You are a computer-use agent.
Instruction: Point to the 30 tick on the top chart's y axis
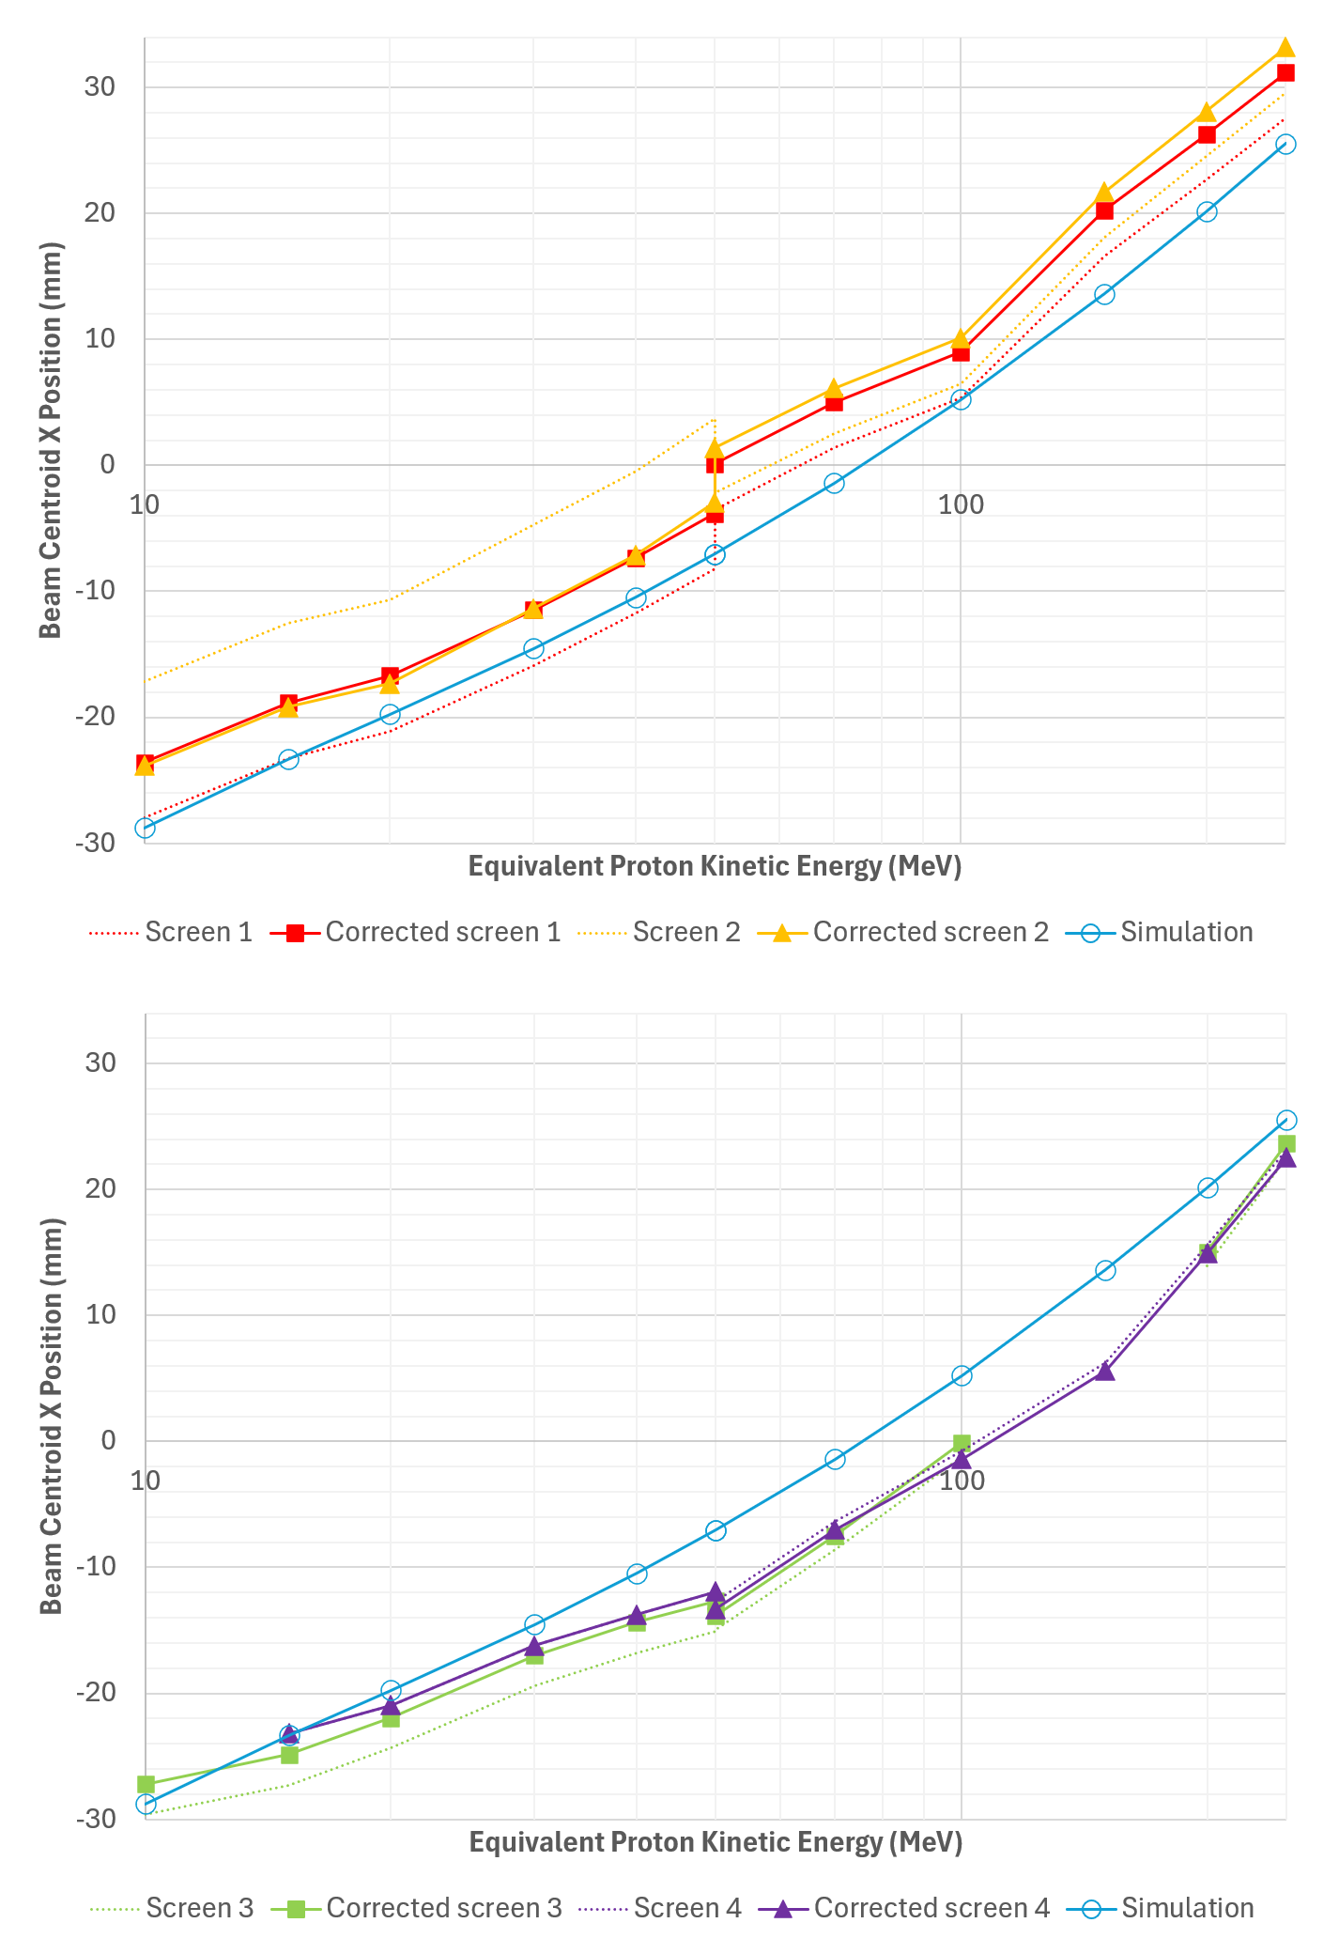pyautogui.click(x=99, y=86)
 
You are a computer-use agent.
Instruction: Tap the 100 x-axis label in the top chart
pyautogui.click(x=961, y=504)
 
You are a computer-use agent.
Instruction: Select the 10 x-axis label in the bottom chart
pyautogui.click(x=145, y=1481)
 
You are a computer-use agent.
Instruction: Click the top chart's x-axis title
pyautogui.click(x=715, y=865)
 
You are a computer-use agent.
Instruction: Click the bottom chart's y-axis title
pyautogui.click(x=52, y=1416)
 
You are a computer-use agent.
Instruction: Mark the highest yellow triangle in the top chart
pyautogui.click(x=1285, y=48)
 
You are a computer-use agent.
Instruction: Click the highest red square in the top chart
pyautogui.click(x=1285, y=72)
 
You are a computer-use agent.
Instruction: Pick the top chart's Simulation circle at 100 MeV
pyautogui.click(x=961, y=399)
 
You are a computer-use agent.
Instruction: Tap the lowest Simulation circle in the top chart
pyautogui.click(x=145, y=828)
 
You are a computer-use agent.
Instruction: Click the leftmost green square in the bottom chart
pyautogui.click(x=146, y=1784)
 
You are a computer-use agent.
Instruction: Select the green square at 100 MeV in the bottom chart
pyautogui.click(x=962, y=1443)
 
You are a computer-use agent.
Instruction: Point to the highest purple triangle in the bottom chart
pyautogui.click(x=1286, y=1157)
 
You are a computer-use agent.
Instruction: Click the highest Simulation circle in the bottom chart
pyautogui.click(x=1286, y=1120)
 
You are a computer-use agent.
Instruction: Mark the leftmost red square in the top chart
pyautogui.click(x=145, y=763)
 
